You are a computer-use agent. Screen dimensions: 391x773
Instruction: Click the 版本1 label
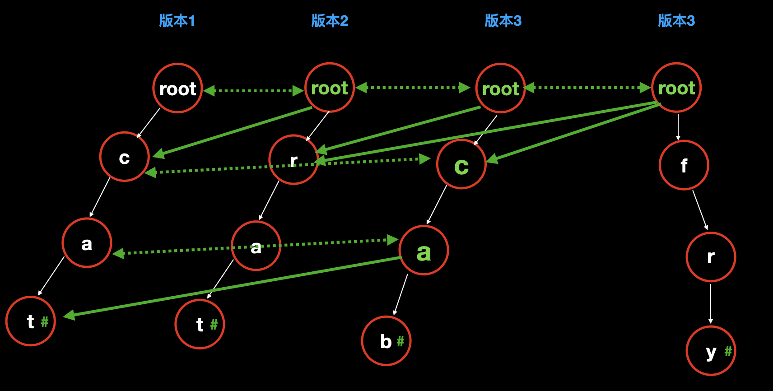point(177,21)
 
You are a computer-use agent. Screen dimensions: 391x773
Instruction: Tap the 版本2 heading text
point(330,21)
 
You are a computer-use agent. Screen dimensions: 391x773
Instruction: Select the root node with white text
point(178,88)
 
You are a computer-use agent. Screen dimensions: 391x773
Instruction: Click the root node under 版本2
point(330,88)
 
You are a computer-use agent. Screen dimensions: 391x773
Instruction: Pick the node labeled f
point(684,165)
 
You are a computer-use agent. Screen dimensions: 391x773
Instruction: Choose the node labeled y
point(711,351)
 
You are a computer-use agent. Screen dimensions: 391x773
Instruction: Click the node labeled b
point(386,341)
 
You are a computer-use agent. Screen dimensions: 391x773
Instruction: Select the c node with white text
point(124,157)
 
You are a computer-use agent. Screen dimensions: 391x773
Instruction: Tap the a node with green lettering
point(424,251)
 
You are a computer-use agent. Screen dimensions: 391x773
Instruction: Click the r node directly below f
point(711,257)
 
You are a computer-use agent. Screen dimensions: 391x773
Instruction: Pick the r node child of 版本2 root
point(293,160)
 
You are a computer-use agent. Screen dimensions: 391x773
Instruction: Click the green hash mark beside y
point(728,351)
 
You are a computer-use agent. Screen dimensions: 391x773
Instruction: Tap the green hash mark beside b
point(400,341)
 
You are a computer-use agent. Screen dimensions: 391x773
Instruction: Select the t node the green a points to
point(31,321)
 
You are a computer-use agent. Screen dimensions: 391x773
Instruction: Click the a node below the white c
point(87,243)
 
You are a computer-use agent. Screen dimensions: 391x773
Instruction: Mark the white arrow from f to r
point(700,210)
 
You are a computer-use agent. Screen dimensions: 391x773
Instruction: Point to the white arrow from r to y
point(711,303)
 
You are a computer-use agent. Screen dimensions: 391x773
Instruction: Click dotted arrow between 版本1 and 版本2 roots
point(253,91)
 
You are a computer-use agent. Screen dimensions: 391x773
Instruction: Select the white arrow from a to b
point(400,295)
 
